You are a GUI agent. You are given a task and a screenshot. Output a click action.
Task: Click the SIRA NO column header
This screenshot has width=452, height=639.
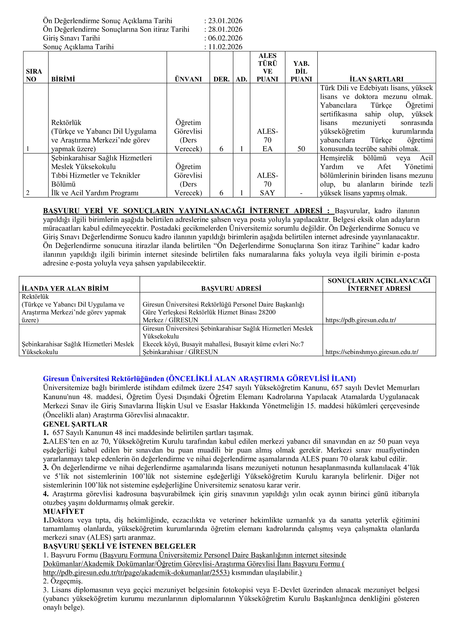click(34, 75)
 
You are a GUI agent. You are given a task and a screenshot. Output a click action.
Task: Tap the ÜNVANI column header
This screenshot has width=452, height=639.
click(188, 79)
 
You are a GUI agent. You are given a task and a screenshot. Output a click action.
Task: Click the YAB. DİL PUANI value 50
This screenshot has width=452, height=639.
click(301, 149)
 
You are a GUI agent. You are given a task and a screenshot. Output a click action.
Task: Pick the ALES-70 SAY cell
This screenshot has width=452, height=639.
click(267, 184)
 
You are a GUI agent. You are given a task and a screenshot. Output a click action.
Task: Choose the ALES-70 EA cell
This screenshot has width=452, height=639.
click(267, 140)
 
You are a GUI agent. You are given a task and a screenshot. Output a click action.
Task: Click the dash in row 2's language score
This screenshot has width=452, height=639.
click(301, 193)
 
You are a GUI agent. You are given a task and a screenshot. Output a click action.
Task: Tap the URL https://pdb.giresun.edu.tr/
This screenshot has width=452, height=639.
click(361, 320)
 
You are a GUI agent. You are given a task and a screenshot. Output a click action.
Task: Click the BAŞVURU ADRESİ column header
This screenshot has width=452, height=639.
click(231, 288)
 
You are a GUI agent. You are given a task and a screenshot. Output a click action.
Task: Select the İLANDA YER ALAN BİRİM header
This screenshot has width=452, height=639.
click(65, 288)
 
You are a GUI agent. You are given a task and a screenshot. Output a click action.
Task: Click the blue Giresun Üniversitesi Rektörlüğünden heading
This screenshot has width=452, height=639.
click(199, 379)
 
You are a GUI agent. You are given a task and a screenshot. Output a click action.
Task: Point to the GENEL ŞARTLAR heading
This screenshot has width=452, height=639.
click(75, 424)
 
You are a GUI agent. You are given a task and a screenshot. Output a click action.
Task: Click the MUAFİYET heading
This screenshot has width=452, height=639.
click(63, 511)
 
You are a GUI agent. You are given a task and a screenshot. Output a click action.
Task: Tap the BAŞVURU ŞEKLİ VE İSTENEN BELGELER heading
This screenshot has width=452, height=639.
click(119, 546)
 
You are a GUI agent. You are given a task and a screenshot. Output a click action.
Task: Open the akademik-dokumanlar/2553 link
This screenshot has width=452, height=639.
click(136, 573)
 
